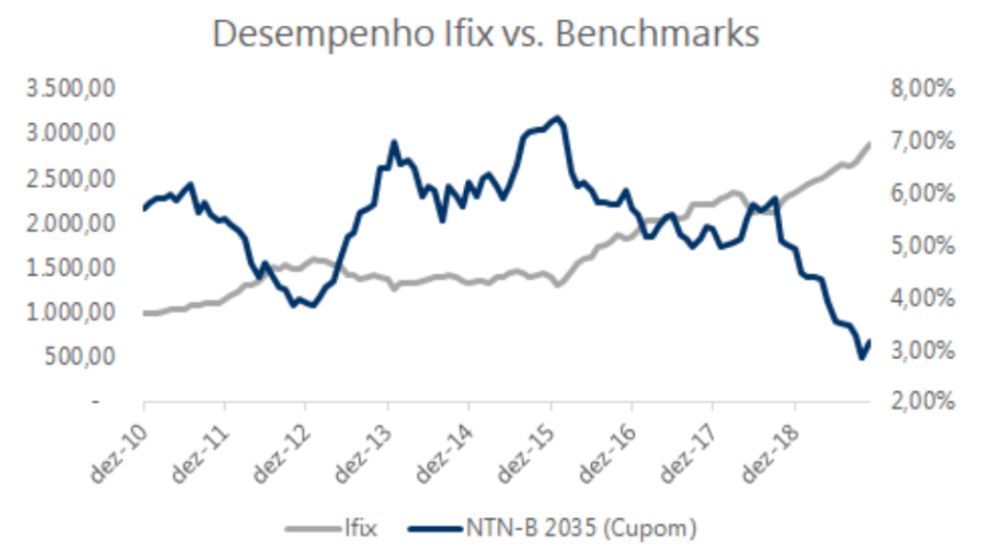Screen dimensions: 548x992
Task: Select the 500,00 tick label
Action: tap(83, 357)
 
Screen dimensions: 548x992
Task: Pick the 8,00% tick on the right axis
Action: tap(919, 89)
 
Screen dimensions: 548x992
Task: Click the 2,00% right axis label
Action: tap(919, 401)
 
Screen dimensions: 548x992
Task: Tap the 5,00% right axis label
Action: tap(919, 245)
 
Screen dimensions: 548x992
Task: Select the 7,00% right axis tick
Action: tap(919, 141)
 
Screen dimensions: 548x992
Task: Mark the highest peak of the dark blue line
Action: tap(557, 118)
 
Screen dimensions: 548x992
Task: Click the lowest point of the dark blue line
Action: tap(861, 358)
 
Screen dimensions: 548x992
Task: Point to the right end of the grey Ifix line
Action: tap(870, 143)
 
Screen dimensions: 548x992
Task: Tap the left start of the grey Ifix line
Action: tap(144, 313)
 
